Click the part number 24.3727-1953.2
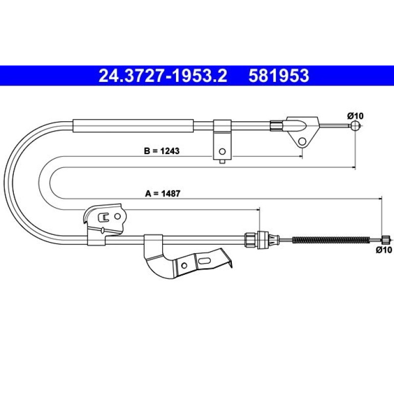(x=163, y=76)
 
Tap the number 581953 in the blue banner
(x=279, y=76)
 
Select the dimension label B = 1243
(x=162, y=151)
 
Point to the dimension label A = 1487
(x=163, y=193)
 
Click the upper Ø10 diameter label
(x=355, y=116)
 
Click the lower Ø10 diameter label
(x=384, y=250)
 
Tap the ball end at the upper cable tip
(x=355, y=125)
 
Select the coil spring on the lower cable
(x=331, y=240)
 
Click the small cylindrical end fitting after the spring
(x=385, y=240)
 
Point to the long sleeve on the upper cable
(x=133, y=126)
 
